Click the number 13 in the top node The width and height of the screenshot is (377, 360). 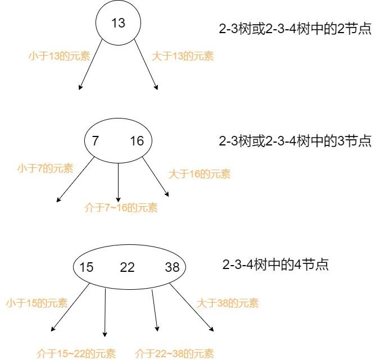(118, 23)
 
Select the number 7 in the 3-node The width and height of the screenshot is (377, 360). (96, 141)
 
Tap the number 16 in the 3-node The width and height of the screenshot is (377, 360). (137, 141)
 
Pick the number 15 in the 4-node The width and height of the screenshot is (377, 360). (86, 267)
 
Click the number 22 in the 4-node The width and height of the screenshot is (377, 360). (128, 267)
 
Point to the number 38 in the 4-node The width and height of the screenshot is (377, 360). (172, 267)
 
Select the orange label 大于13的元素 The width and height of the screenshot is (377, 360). (183, 56)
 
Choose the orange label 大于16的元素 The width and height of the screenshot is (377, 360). (199, 174)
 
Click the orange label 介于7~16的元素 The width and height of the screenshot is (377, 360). (121, 208)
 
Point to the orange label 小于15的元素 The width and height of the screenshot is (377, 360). (37, 303)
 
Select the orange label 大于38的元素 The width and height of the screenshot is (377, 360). (228, 303)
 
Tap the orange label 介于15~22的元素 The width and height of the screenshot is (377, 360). (76, 354)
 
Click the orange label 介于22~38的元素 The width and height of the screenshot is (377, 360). (175, 354)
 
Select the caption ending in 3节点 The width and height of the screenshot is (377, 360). (295, 140)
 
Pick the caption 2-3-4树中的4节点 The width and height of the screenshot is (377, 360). (275, 265)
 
